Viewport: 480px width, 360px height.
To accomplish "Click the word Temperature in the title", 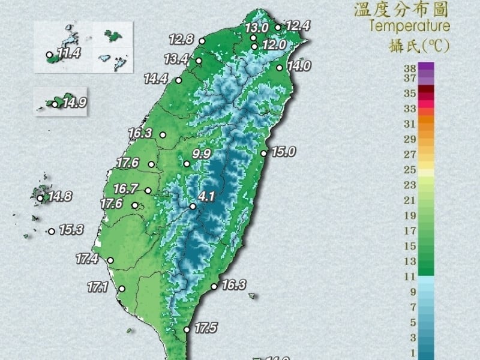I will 409,26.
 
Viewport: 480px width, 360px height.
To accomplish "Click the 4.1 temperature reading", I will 206,196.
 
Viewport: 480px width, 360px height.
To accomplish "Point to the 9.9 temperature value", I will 202,154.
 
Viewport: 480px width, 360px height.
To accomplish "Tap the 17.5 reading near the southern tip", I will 205,328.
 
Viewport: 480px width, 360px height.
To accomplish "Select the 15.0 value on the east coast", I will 283,152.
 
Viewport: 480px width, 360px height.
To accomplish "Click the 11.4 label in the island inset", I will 68,54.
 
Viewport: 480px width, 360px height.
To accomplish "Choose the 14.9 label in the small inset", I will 74,103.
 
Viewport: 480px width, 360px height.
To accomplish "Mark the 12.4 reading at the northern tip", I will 298,26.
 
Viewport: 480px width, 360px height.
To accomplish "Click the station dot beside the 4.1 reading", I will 193,206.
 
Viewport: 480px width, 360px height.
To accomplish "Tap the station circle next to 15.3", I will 52,231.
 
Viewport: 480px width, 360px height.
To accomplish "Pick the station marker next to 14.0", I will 280,68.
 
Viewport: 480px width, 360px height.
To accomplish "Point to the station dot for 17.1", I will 122,289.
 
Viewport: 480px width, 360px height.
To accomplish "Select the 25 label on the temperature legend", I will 410,170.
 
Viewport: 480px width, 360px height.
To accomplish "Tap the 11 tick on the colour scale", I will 410,277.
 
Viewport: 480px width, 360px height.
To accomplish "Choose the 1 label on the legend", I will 412,352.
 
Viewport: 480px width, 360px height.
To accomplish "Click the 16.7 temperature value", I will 125,189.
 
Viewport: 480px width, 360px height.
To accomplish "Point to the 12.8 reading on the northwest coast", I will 181,40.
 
